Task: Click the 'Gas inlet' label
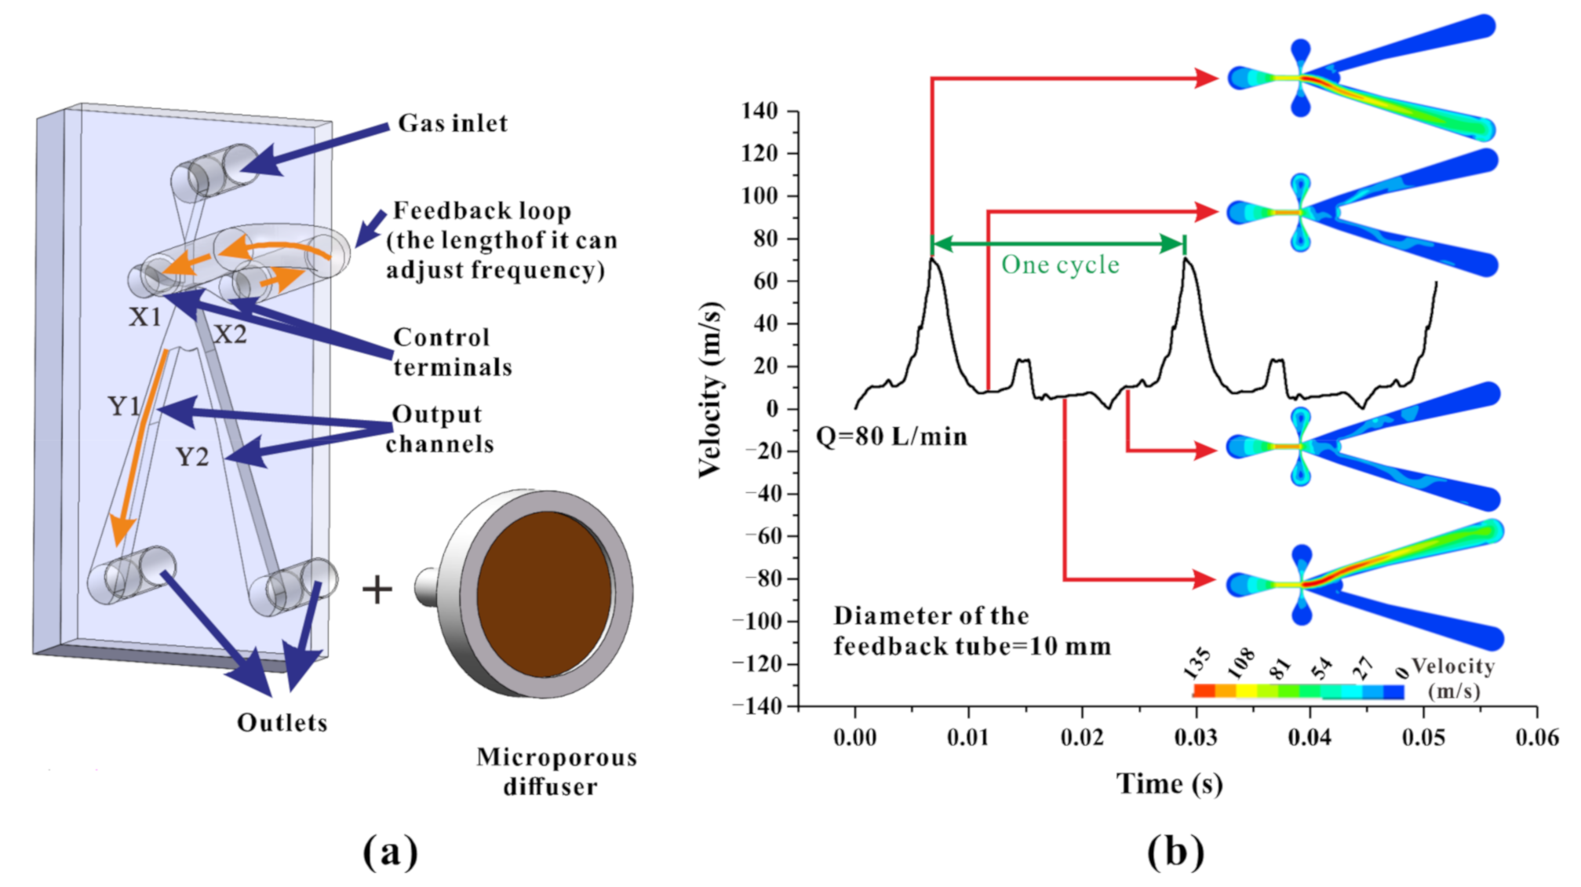[453, 123]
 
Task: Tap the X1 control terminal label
[145, 317]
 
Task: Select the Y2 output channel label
[192, 457]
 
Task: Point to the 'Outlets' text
[282, 723]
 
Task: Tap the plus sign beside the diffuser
[377, 590]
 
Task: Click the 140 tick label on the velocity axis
[759, 111]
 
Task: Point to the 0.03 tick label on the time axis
[1196, 737]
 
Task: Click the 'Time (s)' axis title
[1169, 784]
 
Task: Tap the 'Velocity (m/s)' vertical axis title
[710, 389]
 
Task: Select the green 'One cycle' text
[1060, 265]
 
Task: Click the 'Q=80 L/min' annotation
[891, 436]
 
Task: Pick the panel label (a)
[390, 851]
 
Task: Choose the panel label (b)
[1175, 851]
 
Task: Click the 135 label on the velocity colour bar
[1197, 664]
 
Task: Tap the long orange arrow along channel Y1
[141, 447]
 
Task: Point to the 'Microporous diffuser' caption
[556, 772]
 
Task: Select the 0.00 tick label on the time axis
[854, 737]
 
